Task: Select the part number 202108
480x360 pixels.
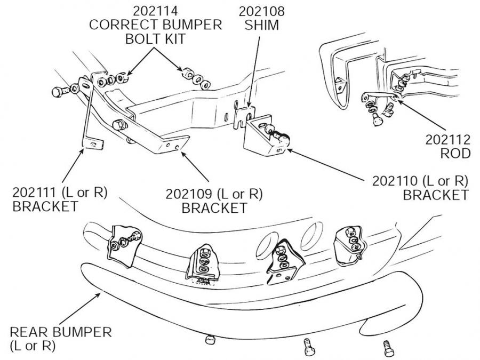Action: (x=261, y=11)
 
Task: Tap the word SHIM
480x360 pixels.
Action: (x=261, y=25)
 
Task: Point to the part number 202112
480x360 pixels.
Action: (x=448, y=140)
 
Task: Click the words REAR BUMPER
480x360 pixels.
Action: (x=61, y=332)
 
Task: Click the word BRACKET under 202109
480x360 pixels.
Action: (x=214, y=207)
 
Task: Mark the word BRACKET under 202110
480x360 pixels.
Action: (x=435, y=195)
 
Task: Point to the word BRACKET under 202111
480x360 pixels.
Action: (x=45, y=206)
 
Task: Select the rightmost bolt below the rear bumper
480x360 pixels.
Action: (x=386, y=349)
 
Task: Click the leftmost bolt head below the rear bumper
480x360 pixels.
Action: (x=210, y=339)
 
